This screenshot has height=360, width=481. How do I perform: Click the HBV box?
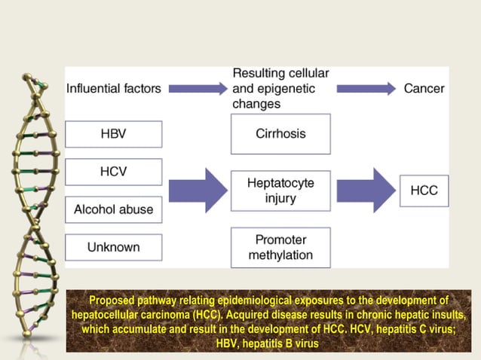(x=113, y=134)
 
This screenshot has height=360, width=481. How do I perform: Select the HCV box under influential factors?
(x=113, y=172)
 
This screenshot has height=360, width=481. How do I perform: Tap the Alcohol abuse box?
(x=113, y=209)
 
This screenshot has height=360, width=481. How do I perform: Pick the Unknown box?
(x=113, y=247)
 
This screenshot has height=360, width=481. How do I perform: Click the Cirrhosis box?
(x=280, y=133)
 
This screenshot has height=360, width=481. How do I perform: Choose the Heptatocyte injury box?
(x=280, y=191)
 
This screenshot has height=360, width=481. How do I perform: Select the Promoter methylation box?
(x=280, y=247)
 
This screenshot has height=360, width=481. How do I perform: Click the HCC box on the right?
(x=424, y=191)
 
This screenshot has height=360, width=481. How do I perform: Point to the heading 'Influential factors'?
(x=114, y=88)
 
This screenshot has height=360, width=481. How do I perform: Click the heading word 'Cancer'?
(x=424, y=88)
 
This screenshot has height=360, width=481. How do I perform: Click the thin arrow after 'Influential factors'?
(x=197, y=89)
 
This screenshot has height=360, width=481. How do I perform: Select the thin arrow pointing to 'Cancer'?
(x=366, y=89)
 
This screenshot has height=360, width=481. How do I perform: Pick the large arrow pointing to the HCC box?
(x=366, y=191)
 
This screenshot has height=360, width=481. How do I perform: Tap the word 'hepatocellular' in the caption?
(x=108, y=314)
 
